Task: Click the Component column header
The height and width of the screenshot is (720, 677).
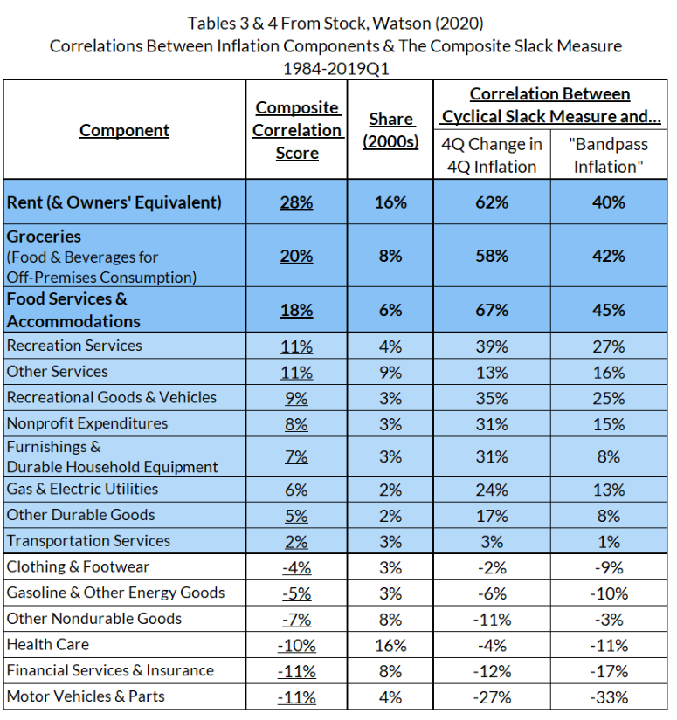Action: coord(124,130)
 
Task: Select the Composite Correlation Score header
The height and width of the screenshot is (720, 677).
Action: coord(298,130)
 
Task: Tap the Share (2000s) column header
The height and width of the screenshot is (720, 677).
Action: coord(390,130)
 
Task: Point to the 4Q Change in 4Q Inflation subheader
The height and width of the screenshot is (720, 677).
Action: coord(492,155)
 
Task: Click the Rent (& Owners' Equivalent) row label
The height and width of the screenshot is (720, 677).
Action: coord(114,202)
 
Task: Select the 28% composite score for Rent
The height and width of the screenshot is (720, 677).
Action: coord(297,202)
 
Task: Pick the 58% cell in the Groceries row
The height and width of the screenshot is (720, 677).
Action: coord(492,256)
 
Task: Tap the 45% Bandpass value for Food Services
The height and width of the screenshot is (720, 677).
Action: coord(608,310)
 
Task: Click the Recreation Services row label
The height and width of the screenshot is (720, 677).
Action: coord(73,346)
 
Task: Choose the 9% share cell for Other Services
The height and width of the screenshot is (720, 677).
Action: coord(390,372)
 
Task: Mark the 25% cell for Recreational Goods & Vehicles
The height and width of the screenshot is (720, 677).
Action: coord(608,398)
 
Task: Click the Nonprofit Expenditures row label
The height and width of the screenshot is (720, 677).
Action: coord(87,424)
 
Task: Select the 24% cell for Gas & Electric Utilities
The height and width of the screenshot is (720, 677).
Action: coord(492,490)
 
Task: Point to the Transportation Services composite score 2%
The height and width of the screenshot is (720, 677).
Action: coord(297,541)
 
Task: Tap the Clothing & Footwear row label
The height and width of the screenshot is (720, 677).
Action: coord(78,567)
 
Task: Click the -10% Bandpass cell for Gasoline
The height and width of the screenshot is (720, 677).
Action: coord(608,593)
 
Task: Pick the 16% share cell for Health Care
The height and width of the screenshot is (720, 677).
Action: coord(390,645)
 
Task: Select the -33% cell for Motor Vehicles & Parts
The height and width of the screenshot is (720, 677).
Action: coord(608,697)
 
